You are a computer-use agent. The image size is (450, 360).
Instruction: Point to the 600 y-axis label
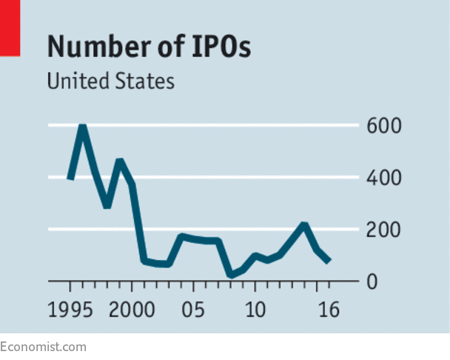385,126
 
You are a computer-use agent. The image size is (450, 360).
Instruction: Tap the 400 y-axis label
385,178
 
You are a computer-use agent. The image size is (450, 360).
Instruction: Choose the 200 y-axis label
385,230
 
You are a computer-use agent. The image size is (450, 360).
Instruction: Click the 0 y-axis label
373,281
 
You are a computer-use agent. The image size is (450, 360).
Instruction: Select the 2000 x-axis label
132,310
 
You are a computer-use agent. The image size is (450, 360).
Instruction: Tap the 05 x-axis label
194,310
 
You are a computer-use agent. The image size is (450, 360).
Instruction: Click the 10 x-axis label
255,310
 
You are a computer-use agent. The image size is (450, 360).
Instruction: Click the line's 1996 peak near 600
82,127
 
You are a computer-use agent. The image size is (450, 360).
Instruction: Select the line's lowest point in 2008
230,275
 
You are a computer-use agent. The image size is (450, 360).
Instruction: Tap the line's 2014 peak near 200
304,224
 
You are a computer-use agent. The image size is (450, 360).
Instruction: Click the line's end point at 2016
329,261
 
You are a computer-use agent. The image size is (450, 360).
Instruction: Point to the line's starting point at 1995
70,179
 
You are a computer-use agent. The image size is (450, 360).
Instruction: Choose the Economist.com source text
43,347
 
